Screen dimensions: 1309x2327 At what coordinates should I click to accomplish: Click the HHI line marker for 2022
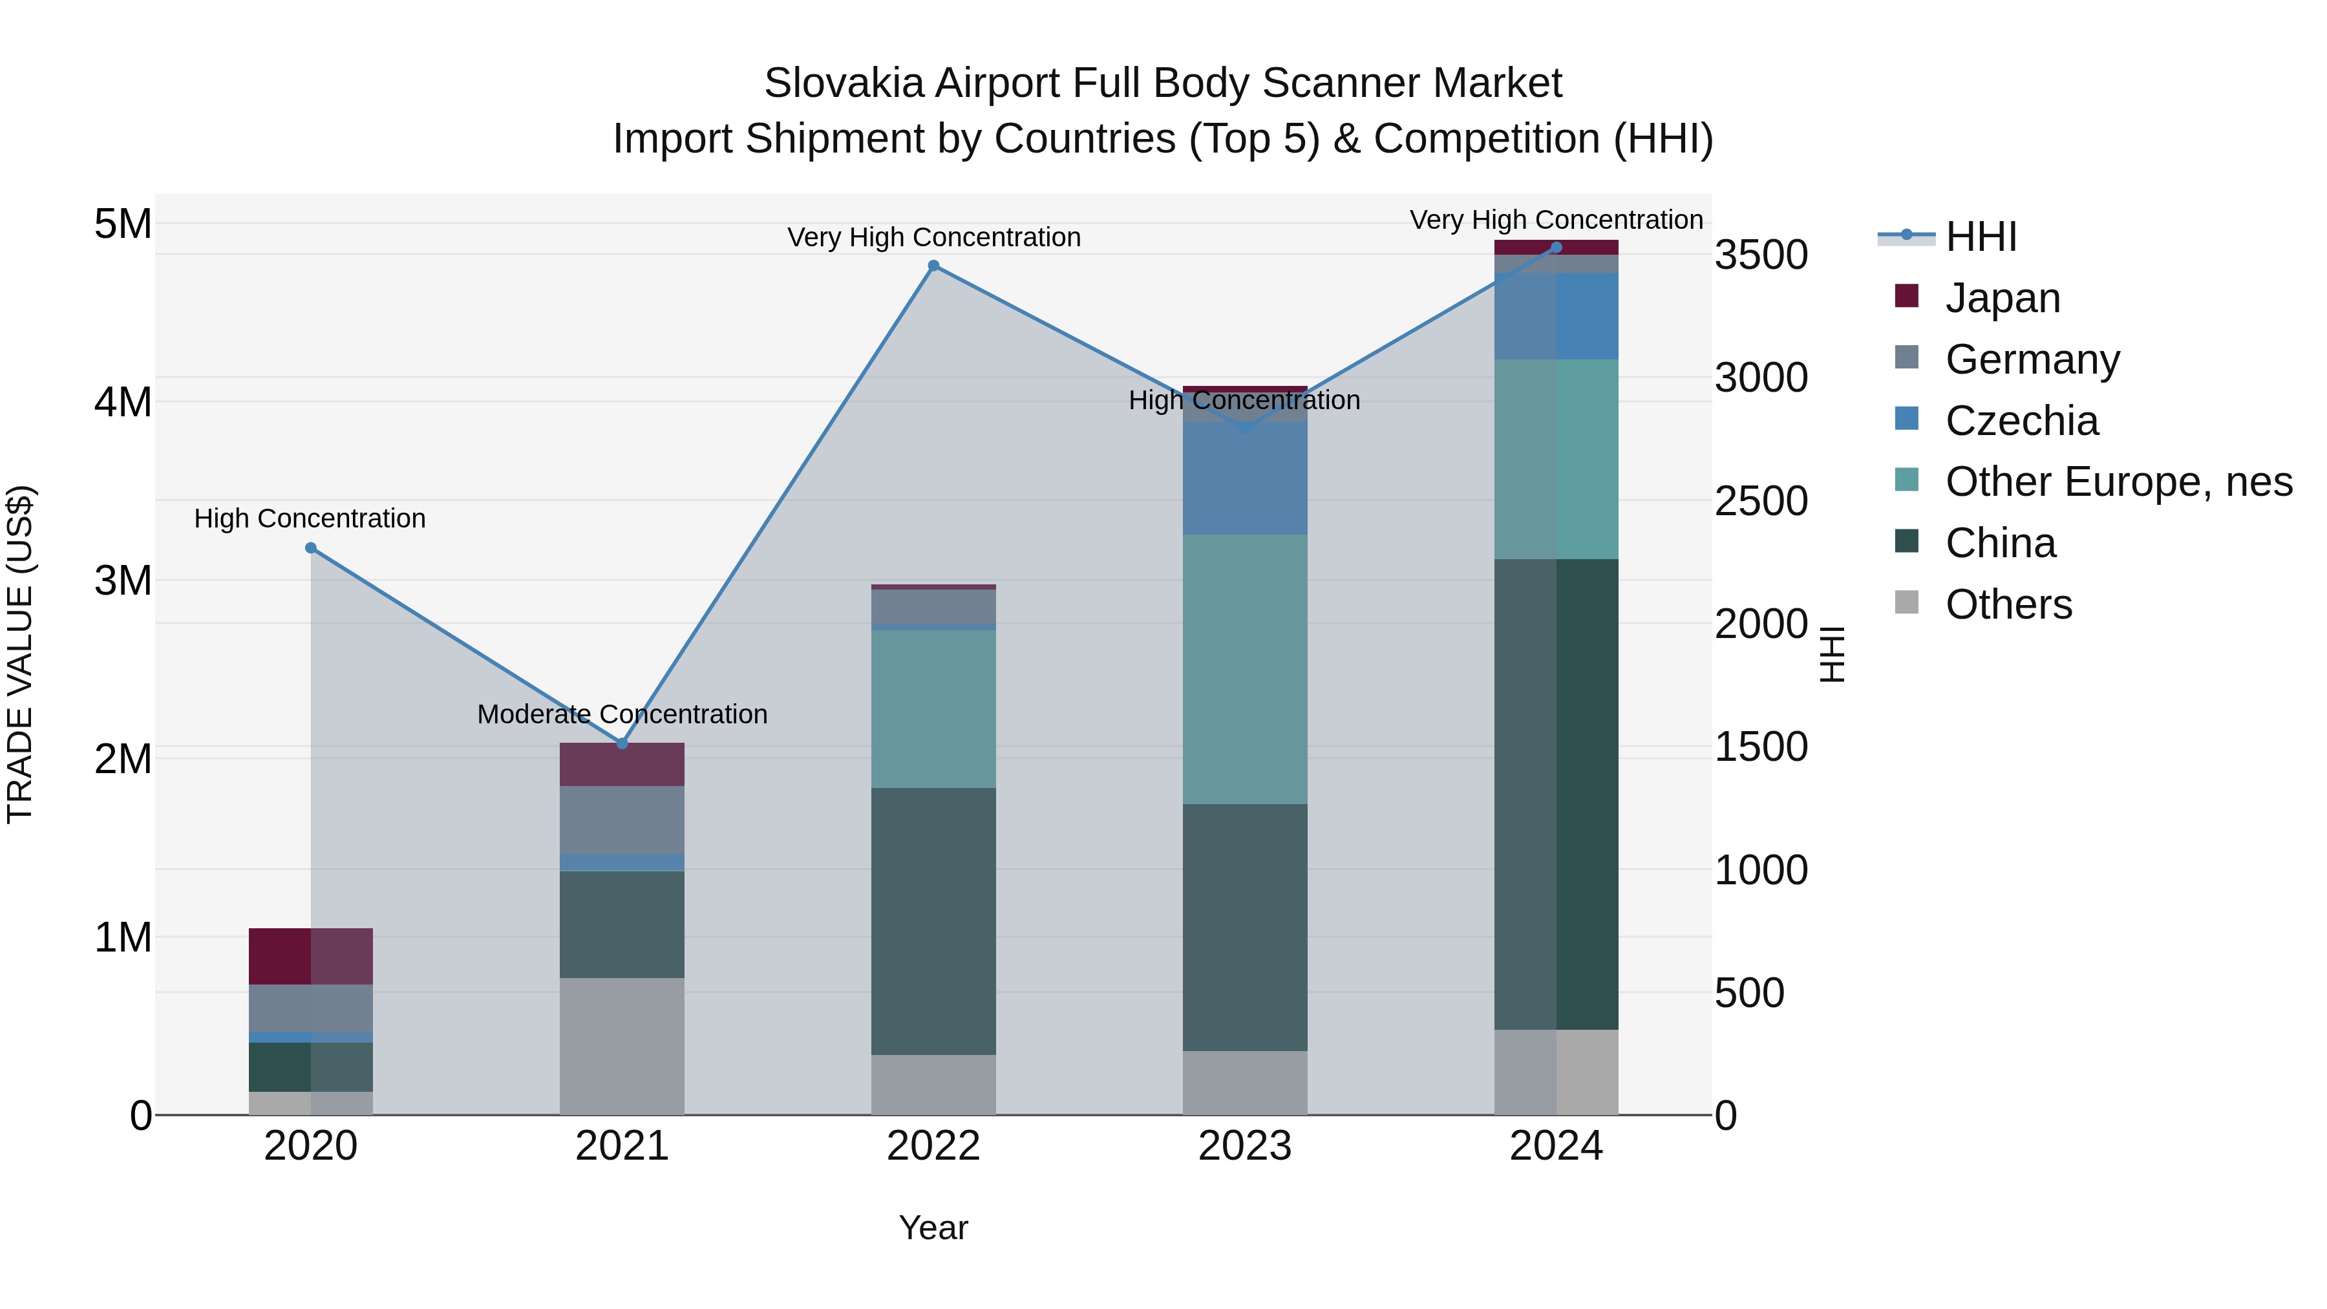tap(933, 266)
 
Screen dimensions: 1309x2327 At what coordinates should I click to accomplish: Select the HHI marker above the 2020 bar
tap(311, 548)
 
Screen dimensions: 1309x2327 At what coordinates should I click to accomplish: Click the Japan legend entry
tap(2003, 298)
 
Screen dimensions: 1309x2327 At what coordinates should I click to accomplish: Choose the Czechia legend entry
tap(2022, 421)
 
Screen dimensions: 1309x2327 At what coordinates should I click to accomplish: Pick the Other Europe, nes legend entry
tap(2118, 482)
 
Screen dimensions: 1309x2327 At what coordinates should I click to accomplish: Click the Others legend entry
tap(2008, 604)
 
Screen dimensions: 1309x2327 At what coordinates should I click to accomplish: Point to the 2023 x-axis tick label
tap(1245, 1146)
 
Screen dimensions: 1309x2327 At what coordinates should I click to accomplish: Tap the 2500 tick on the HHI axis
tap(1761, 502)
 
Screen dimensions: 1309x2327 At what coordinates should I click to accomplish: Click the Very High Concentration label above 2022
tap(933, 238)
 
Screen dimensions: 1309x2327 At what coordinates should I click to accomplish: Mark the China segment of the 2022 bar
tap(933, 921)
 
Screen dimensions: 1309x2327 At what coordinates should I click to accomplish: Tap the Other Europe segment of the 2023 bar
tap(1245, 668)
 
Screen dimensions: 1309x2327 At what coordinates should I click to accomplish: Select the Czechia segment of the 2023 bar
tap(1245, 478)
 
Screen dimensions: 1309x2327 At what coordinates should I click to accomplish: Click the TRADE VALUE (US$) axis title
tap(20, 654)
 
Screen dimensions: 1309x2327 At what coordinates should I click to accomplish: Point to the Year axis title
tap(933, 1228)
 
